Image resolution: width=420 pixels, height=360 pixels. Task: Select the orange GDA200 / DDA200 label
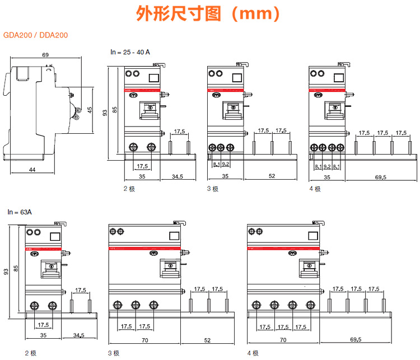point(36,35)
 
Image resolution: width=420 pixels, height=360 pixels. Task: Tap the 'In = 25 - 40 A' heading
point(130,52)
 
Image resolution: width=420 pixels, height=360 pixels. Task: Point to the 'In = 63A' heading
point(20,212)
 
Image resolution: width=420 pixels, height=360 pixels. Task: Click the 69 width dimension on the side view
point(45,55)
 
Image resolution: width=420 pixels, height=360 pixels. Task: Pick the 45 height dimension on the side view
point(90,110)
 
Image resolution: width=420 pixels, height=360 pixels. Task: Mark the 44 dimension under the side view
point(32,170)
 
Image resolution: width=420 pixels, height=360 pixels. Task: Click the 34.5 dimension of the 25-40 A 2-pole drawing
point(177,176)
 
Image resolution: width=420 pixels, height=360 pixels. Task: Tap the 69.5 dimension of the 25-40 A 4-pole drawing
point(380,176)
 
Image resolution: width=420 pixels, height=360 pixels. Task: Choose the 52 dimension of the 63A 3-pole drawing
point(207,340)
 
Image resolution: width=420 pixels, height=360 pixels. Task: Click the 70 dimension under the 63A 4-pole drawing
point(283,340)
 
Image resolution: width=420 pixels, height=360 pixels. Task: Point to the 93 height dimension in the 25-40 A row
point(105,113)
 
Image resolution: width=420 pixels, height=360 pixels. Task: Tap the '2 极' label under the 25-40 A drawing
point(129,189)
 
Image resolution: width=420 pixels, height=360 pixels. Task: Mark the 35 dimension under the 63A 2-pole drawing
point(44,335)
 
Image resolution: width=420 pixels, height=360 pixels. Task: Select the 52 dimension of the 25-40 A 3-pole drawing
point(272,176)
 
